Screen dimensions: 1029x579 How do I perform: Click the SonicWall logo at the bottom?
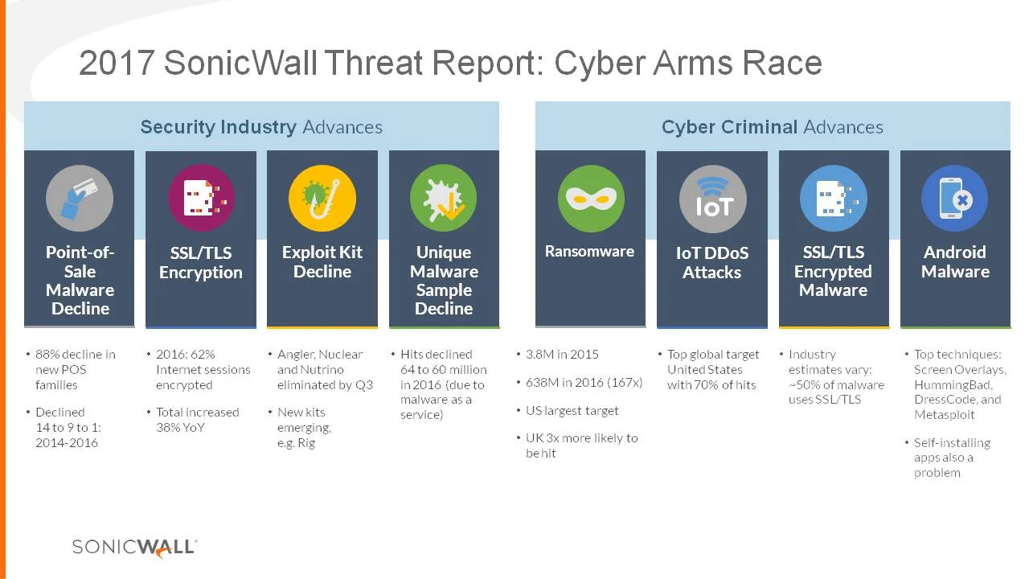134,547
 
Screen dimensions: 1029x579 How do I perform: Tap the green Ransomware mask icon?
591,198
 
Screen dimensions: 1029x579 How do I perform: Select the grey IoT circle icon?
712,199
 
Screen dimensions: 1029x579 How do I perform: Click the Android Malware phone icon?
954,198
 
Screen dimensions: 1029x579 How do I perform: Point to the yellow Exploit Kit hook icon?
322,198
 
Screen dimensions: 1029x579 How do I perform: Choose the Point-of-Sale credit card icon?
80,198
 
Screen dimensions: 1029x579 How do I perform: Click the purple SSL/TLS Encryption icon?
201,198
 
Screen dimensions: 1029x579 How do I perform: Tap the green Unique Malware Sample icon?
444,198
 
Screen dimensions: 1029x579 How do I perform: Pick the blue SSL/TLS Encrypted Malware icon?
833,198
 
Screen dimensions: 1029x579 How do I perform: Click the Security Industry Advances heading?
261,127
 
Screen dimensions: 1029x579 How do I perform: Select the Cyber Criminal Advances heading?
772,127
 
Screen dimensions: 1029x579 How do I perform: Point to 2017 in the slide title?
117,64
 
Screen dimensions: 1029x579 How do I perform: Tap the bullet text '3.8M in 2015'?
562,354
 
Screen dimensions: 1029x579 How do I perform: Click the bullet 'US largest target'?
572,410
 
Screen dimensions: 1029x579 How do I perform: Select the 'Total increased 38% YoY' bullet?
197,419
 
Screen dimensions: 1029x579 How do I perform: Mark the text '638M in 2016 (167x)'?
584,382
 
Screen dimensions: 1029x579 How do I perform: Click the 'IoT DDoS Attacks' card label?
712,262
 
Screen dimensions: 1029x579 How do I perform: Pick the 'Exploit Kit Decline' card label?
322,261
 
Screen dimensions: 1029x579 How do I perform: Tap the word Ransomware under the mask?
589,252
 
